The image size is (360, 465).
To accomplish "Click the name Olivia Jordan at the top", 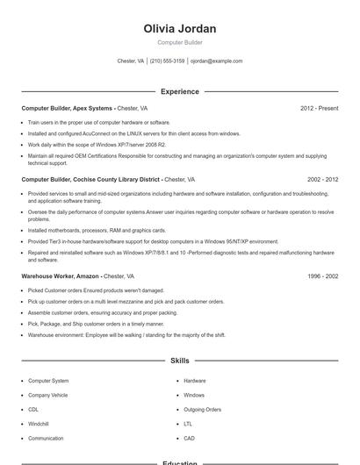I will (179, 29).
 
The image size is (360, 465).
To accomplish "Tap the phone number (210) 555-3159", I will (167, 61).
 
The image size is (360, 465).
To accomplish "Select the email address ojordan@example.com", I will (216, 61).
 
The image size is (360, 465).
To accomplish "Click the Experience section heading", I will (179, 91).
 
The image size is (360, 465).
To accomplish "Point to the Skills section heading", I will (179, 361).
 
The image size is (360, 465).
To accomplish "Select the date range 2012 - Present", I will (319, 108).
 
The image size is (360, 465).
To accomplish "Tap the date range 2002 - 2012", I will (322, 179).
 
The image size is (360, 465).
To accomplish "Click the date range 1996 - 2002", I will (322, 275).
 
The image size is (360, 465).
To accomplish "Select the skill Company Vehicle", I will (47, 395).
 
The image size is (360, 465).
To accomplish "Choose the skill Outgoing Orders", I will (202, 410).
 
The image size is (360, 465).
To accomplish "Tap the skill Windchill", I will (39, 424).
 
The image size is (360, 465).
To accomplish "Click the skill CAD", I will (189, 438).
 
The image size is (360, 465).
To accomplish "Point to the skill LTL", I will (188, 424).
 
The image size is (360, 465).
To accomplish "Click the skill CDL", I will (33, 410).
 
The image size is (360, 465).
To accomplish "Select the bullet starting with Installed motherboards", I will (91, 231).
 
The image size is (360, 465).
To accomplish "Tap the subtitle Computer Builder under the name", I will (179, 42).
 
